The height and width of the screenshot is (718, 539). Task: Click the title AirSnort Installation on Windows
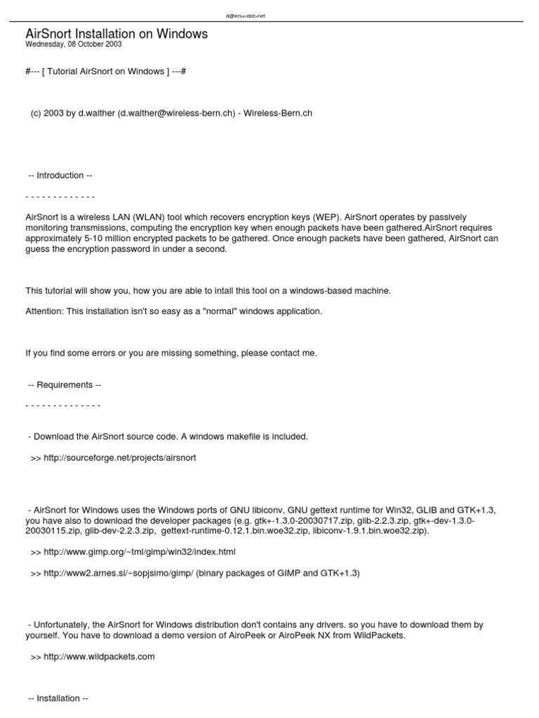(x=117, y=34)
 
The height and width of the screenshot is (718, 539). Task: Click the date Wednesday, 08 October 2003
(x=74, y=44)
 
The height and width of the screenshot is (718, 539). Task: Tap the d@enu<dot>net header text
(x=246, y=15)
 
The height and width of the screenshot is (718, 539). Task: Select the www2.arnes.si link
(x=112, y=573)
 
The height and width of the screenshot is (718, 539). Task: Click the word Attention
(x=44, y=311)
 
